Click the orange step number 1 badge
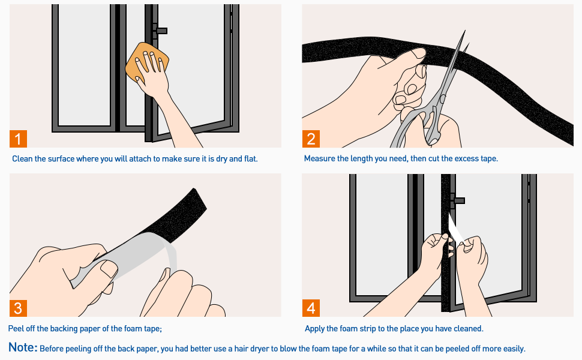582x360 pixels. click(19, 139)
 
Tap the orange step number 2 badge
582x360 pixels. click(311, 139)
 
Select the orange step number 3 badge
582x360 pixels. click(19, 308)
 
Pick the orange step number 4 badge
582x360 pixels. click(311, 308)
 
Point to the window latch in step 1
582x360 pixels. click(160, 30)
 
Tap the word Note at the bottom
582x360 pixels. click(23, 348)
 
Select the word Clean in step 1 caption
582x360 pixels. click(23, 159)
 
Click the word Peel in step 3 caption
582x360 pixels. click(17, 329)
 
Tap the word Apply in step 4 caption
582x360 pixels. click(316, 329)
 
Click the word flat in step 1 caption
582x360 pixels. click(250, 159)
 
